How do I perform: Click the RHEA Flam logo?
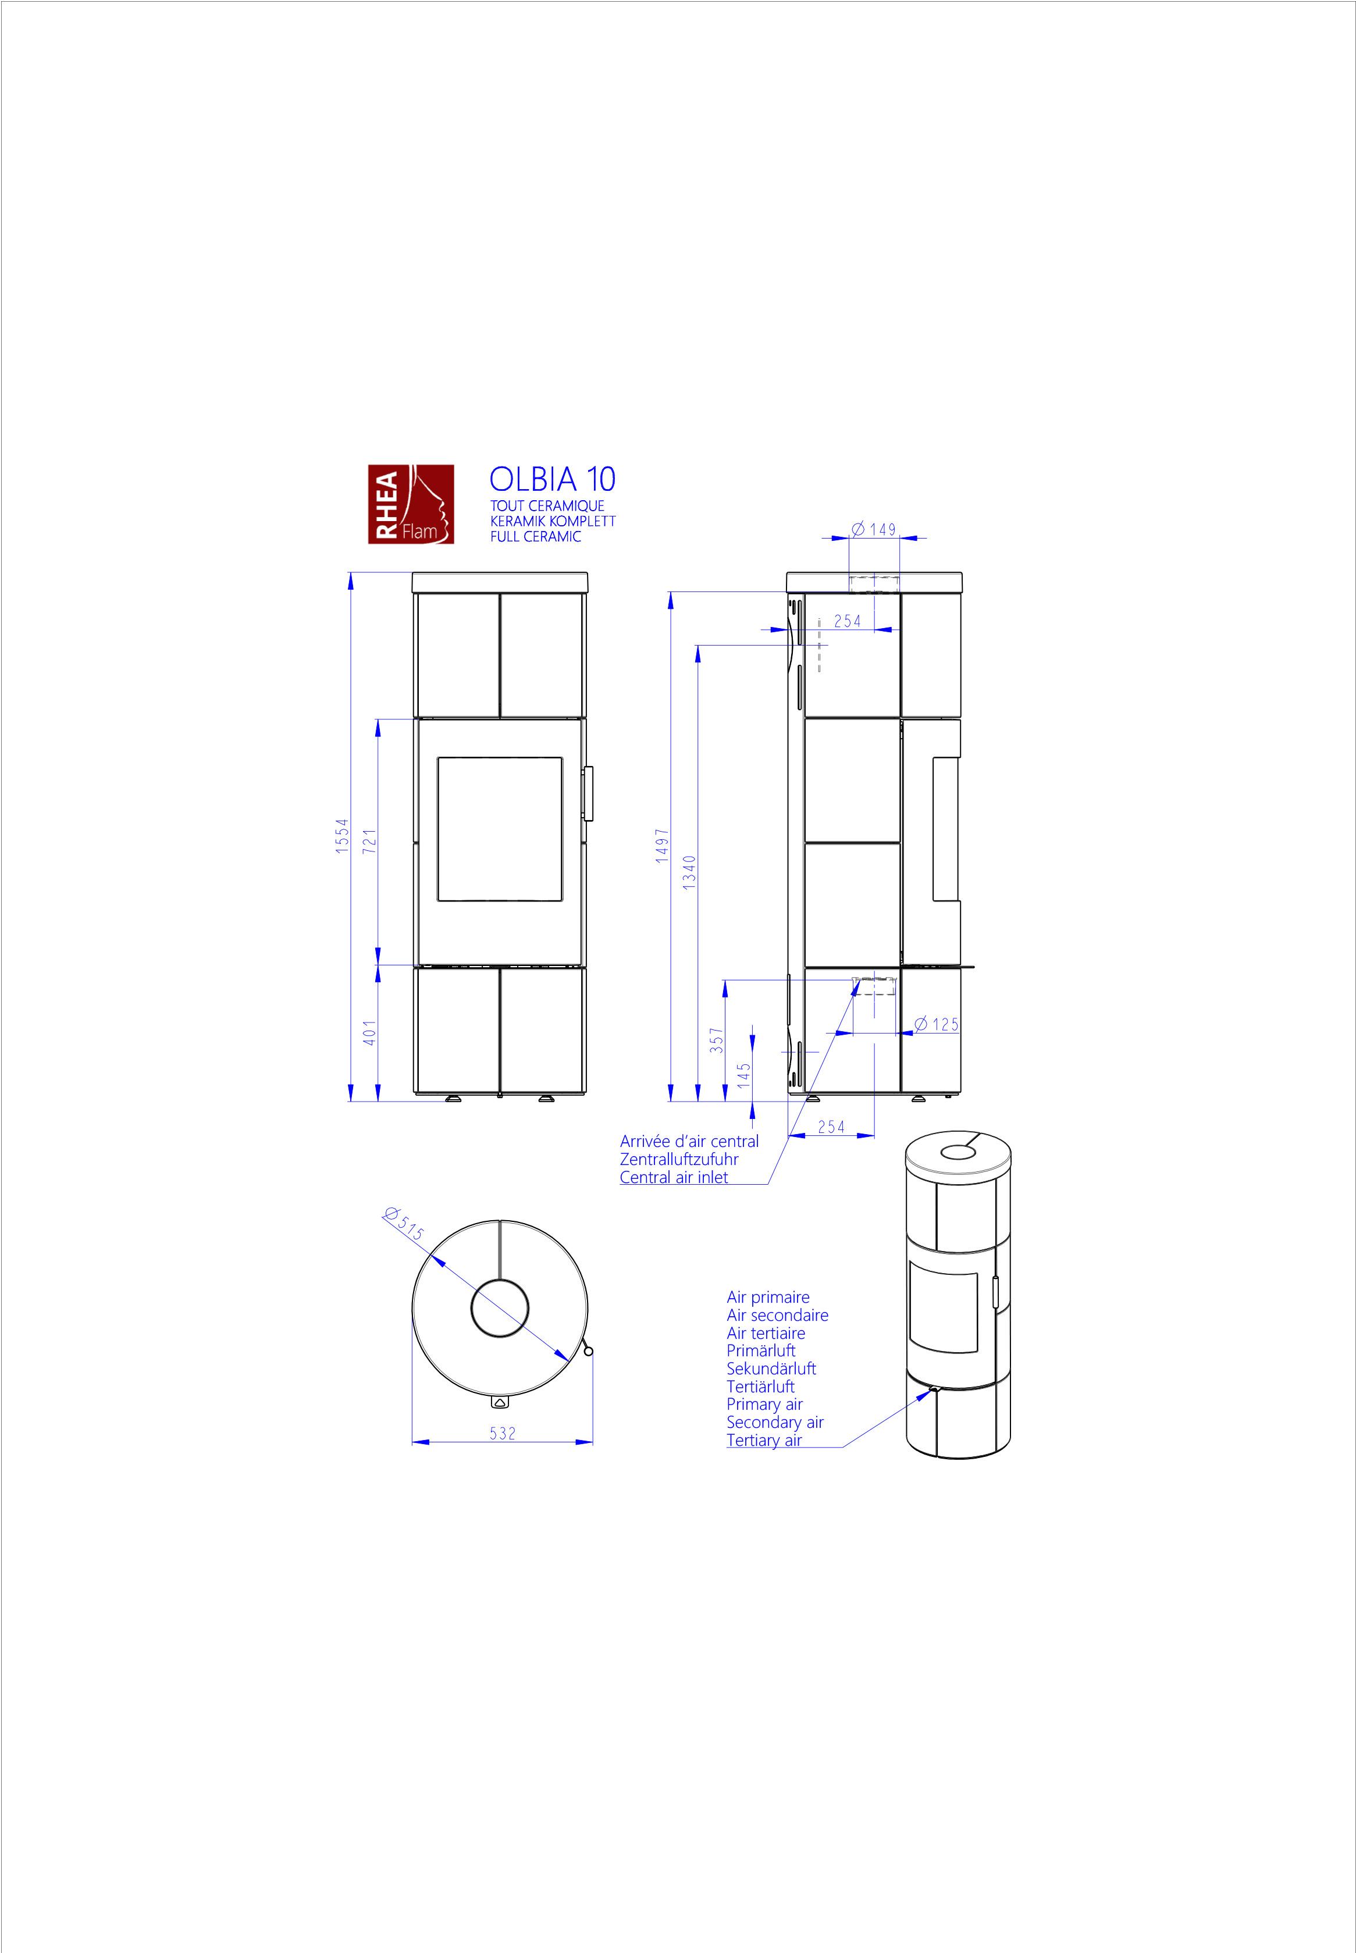click(x=410, y=504)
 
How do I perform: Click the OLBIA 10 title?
click(x=552, y=479)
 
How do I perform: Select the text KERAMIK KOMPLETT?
click(x=552, y=521)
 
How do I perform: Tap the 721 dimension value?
click(x=369, y=841)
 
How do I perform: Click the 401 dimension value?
click(x=369, y=1032)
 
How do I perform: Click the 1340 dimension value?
click(x=690, y=872)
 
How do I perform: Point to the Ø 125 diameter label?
click(x=937, y=1025)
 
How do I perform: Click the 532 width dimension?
click(x=502, y=1433)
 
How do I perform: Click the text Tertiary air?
click(x=764, y=1440)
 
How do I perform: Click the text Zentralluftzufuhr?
click(x=679, y=1160)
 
